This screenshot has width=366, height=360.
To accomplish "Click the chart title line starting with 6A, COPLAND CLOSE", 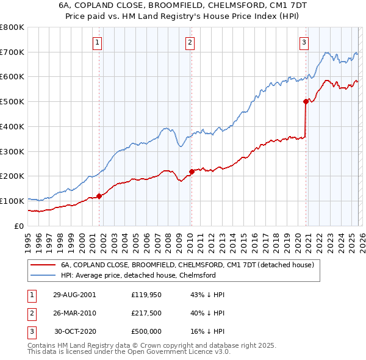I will pos(182,5).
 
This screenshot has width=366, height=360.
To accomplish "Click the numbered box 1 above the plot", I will pos(98,42).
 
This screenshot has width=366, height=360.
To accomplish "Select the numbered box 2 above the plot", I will pos(190,42).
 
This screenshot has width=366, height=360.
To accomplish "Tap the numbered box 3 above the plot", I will pos(304,42).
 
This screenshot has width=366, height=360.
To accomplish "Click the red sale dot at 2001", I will pos(99,196).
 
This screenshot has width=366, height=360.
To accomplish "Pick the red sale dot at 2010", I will pos(191,171).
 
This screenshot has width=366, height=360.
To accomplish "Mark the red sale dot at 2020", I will pos(305,101).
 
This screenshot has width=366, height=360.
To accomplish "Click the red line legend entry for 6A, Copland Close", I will pos(187,265).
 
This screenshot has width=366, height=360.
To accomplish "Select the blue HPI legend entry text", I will pos(138,276).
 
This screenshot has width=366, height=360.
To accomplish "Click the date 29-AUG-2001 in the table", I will pos(74,294).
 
